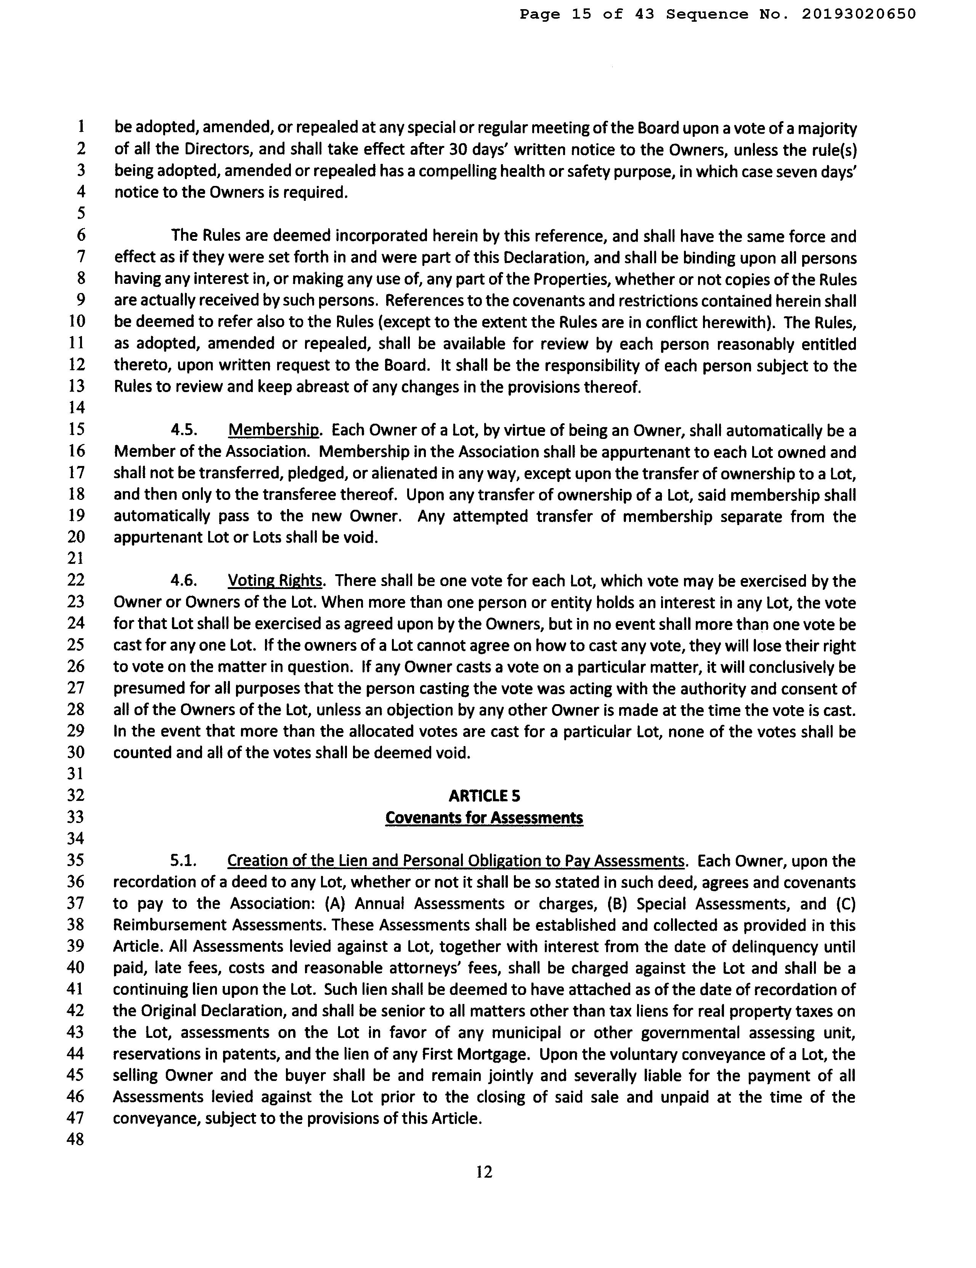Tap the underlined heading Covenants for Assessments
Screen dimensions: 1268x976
click(484, 818)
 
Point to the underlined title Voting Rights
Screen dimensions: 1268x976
click(275, 581)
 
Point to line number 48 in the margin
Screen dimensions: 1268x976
click(75, 1139)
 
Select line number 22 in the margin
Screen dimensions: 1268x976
click(75, 580)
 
